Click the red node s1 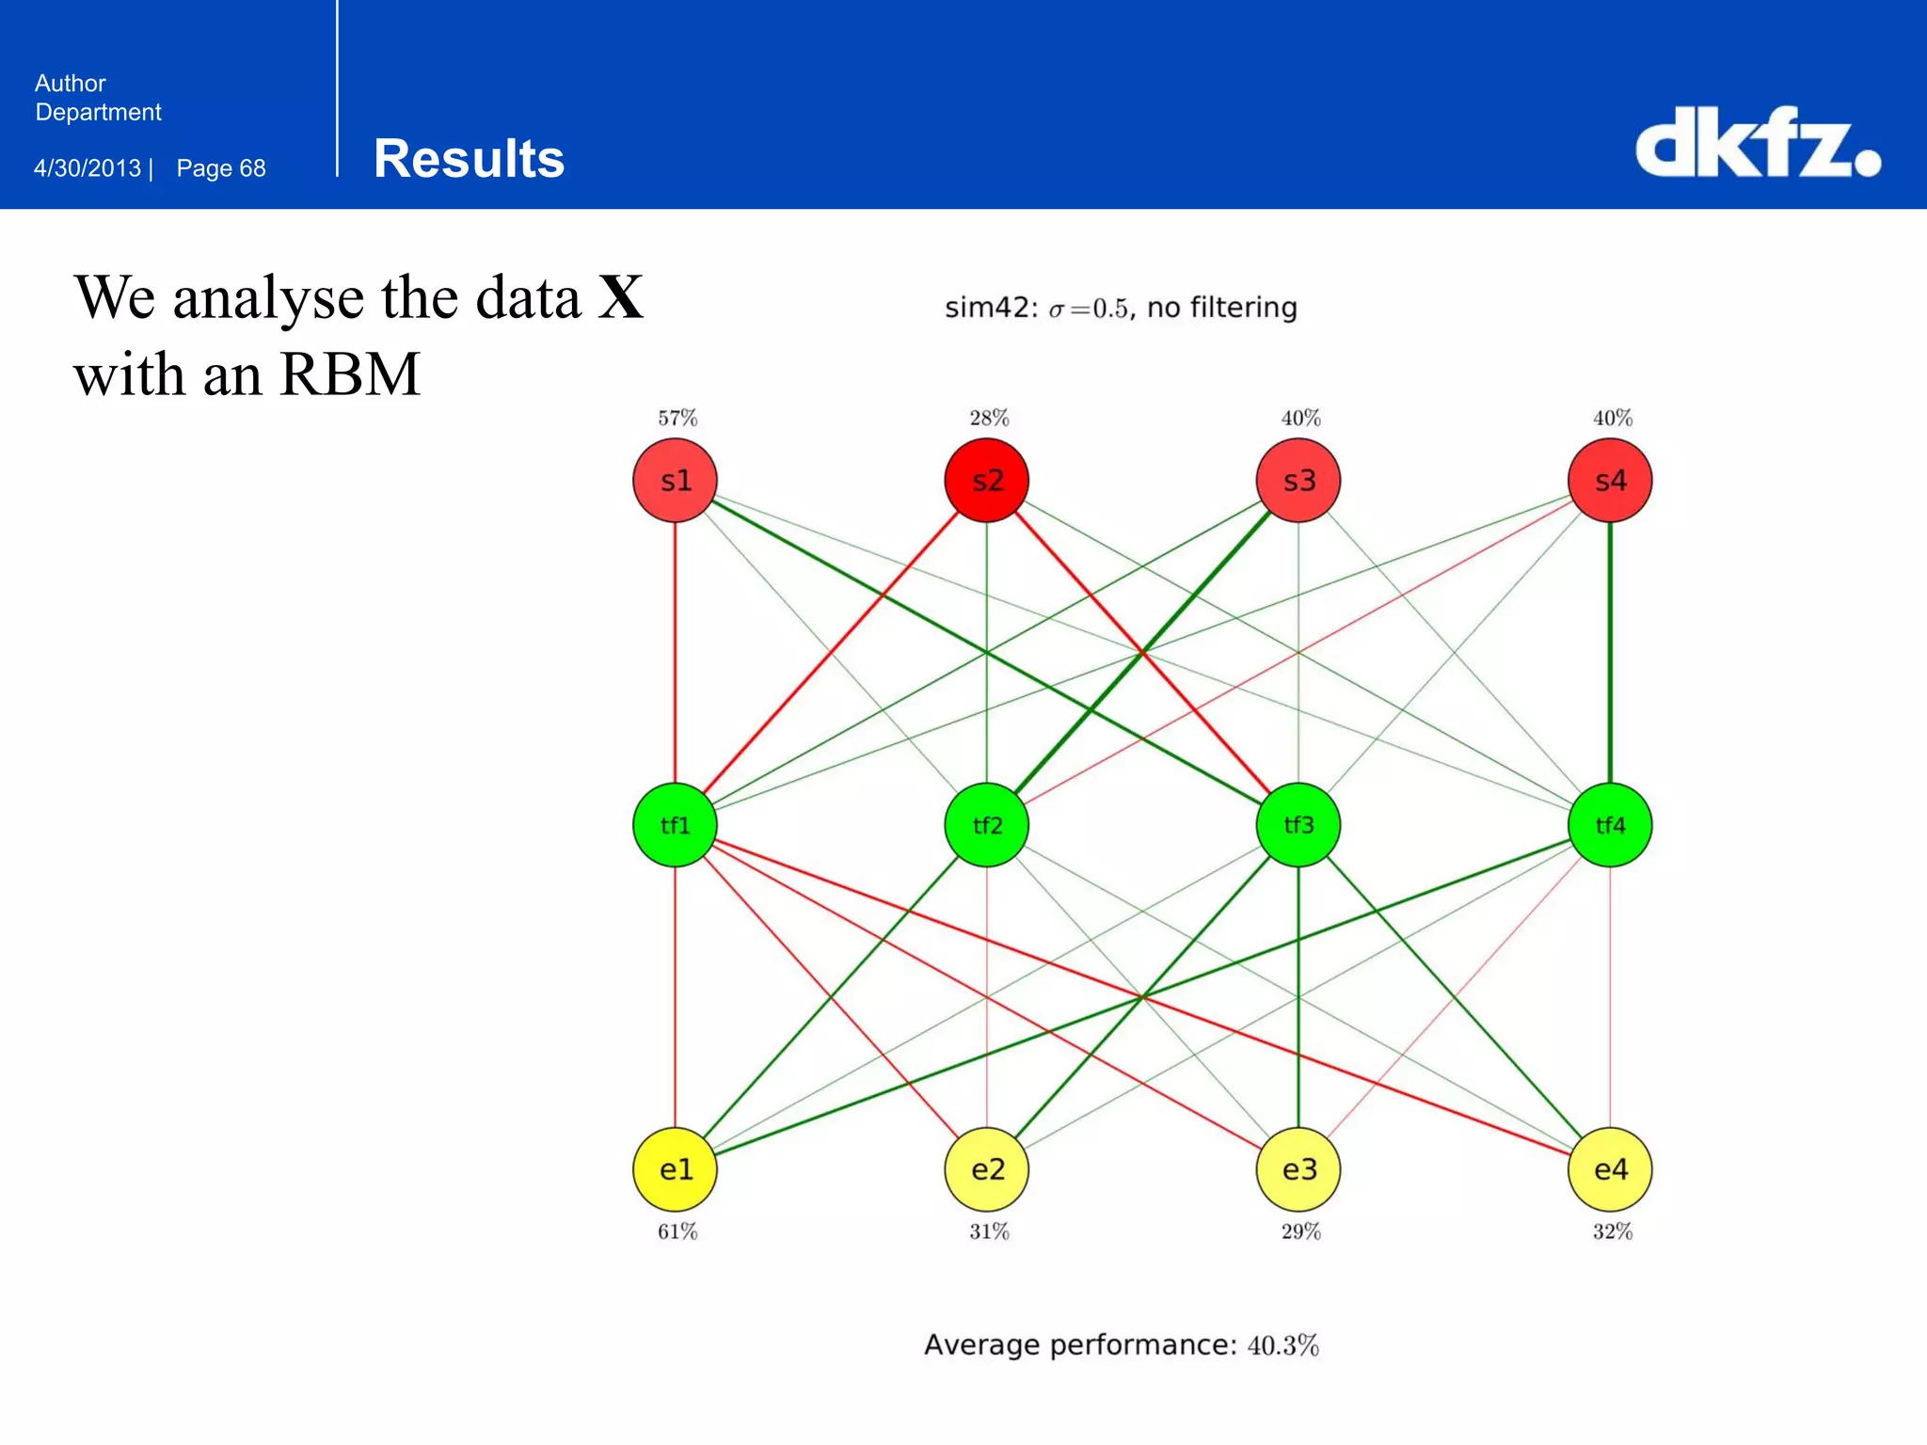pos(675,481)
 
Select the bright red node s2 pos(986,481)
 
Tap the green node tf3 pos(1298,825)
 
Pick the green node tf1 pos(675,825)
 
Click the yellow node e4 pos(1610,1169)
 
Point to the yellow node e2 pos(986,1169)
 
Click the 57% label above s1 pos(677,418)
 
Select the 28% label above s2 pos(989,418)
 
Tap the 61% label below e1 pos(677,1231)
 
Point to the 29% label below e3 pos(1300,1231)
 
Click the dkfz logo pos(1758,143)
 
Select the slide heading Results pos(469,158)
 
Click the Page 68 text pos(221,168)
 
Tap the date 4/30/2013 pos(88,168)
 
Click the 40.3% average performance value pos(1282,1345)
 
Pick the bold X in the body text pos(621,298)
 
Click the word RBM pos(349,374)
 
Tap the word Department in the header pos(98,112)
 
